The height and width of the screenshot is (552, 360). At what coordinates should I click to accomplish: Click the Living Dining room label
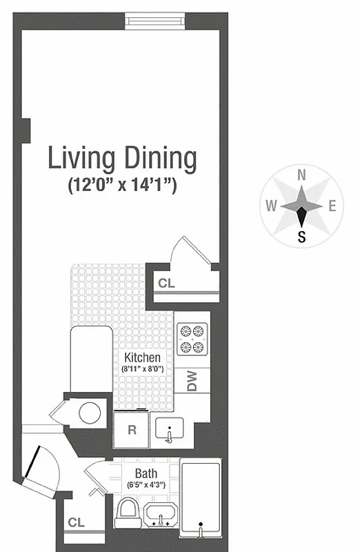121,158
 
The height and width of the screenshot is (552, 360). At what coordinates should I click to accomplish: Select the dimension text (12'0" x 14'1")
121,185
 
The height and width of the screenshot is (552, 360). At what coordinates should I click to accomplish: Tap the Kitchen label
142,357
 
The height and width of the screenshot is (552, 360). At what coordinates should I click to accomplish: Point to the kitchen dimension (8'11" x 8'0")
142,369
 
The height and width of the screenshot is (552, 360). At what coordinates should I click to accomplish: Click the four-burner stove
192,339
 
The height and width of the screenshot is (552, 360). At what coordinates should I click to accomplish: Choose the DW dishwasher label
192,380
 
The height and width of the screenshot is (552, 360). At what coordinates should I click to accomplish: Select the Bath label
146,473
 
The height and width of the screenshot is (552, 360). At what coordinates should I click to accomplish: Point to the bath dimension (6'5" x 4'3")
146,485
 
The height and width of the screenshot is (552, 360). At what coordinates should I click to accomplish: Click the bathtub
200,497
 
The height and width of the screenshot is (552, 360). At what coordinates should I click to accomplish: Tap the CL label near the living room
166,282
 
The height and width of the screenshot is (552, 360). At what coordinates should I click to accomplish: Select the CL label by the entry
76,523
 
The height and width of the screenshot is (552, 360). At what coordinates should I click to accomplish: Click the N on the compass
301,175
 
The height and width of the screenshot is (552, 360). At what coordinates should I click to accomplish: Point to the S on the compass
301,237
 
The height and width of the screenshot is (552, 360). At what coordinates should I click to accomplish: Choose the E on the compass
332,206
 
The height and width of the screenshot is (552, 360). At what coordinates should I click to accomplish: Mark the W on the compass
271,206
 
